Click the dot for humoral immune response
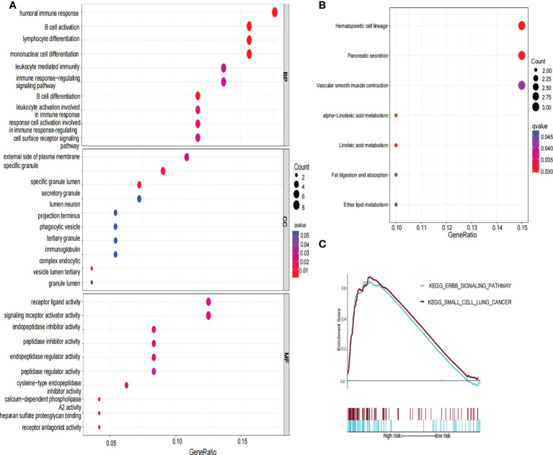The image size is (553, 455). point(275,12)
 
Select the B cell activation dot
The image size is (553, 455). point(249,26)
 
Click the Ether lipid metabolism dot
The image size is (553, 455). point(396,206)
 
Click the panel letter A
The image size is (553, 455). point(6,6)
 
